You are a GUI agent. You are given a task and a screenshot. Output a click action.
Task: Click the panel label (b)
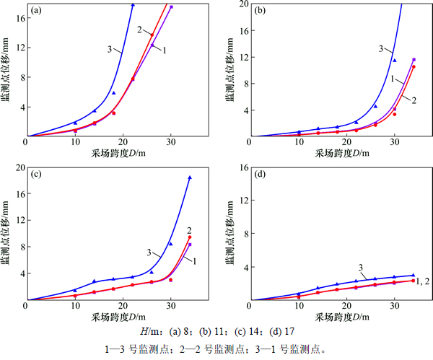click(x=259, y=11)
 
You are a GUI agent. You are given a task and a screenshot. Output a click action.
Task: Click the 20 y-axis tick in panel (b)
click(x=241, y=4)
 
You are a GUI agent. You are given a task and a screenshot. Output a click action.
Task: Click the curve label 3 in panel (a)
click(x=108, y=49)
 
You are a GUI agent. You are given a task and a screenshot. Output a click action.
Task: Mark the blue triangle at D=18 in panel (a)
click(x=113, y=93)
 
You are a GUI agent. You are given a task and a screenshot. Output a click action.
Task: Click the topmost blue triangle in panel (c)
click(x=190, y=177)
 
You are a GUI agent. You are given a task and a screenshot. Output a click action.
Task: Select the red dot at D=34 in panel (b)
click(x=414, y=66)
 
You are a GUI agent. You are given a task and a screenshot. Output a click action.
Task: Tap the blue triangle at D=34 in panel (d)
click(x=414, y=275)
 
